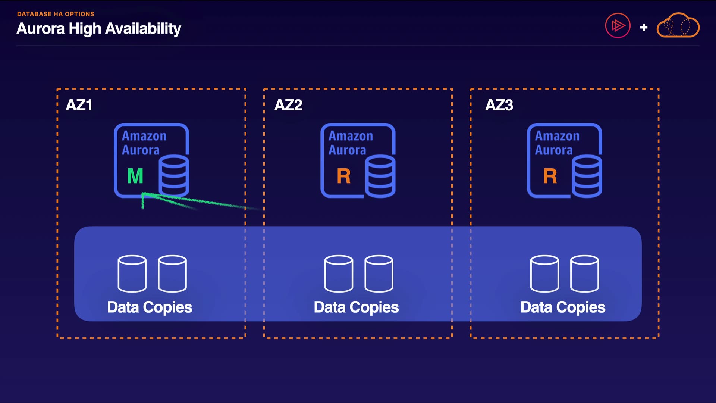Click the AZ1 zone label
pyautogui.click(x=79, y=105)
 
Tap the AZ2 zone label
pyautogui.click(x=288, y=105)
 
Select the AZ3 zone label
pyautogui.click(x=499, y=105)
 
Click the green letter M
pyautogui.click(x=135, y=176)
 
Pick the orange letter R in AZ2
pyautogui.click(x=343, y=176)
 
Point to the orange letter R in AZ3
pyautogui.click(x=550, y=176)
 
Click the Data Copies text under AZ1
pyautogui.click(x=150, y=307)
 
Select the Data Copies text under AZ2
pyautogui.click(x=356, y=307)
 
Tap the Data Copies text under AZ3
pyautogui.click(x=563, y=307)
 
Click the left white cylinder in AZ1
pyautogui.click(x=132, y=274)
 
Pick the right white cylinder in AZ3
pyautogui.click(x=584, y=274)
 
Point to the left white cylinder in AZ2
pyautogui.click(x=339, y=274)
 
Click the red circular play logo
pyautogui.click(x=618, y=26)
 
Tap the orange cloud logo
pyautogui.click(x=678, y=26)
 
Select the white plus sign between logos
pyautogui.click(x=644, y=27)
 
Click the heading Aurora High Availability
pyautogui.click(x=99, y=29)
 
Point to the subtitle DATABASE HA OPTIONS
pyautogui.click(x=56, y=14)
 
